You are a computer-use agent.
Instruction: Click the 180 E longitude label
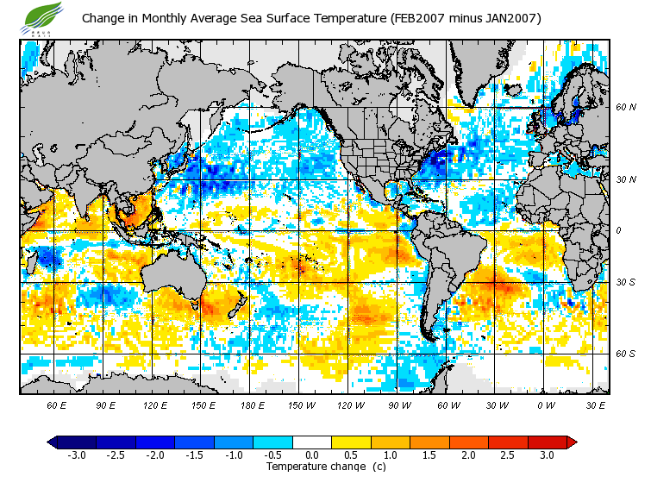[x=252, y=405]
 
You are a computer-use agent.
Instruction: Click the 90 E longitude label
[x=106, y=405]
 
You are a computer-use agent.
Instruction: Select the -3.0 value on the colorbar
[x=77, y=455]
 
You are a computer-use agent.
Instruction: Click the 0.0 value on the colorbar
[x=312, y=455]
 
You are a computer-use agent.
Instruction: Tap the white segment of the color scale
[x=312, y=442]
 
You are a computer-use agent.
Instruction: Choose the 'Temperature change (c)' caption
[x=325, y=467]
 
